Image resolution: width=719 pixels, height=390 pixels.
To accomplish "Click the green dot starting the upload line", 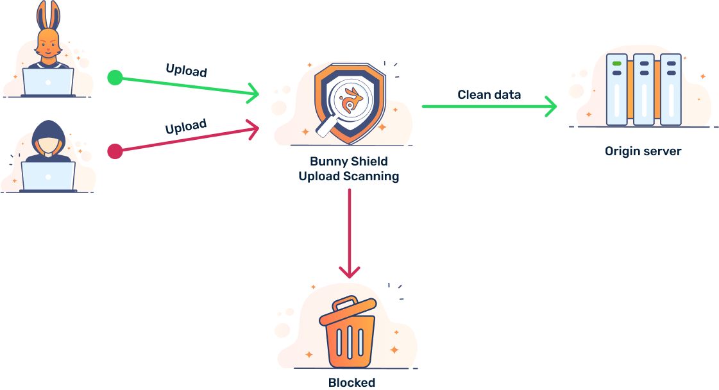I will click(x=115, y=78).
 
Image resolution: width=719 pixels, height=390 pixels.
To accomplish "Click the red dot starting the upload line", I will click(x=115, y=151).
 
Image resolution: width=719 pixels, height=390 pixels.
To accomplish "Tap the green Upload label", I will click(x=187, y=70).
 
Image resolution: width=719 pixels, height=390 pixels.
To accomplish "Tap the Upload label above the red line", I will click(x=186, y=126).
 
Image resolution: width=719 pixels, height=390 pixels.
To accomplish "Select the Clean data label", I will click(x=489, y=94).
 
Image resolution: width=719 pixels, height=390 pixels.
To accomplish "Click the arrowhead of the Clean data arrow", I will click(x=551, y=106).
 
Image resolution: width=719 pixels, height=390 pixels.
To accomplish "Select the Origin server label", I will click(x=643, y=151).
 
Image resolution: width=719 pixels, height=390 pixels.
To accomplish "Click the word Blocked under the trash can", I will click(x=351, y=382).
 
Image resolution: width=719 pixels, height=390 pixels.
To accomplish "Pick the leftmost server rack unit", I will click(x=617, y=90).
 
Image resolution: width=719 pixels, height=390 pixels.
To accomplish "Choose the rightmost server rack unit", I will click(x=670, y=90).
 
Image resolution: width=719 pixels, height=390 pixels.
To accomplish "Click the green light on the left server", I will click(x=617, y=64).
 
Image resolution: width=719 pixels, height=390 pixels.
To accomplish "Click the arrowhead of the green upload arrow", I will click(x=255, y=94).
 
